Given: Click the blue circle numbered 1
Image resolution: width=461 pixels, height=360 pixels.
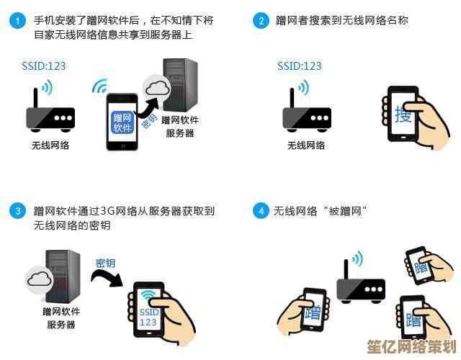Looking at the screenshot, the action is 17,21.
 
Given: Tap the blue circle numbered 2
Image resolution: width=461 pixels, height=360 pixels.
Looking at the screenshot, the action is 261,21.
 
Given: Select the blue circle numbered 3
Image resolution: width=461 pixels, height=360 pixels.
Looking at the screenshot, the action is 17,211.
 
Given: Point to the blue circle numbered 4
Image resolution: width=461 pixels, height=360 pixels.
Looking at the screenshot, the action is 261,211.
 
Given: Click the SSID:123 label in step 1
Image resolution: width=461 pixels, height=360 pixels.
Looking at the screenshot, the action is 43,66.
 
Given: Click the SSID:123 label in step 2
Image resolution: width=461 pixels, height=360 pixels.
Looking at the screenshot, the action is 300,66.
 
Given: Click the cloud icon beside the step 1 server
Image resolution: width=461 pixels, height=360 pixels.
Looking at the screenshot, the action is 158,88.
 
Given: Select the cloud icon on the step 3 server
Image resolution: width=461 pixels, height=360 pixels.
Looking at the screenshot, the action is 40,279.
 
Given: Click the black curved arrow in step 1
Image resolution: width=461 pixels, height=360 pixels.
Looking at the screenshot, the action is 148,108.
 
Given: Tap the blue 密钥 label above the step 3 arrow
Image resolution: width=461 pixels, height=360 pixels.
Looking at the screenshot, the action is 105,264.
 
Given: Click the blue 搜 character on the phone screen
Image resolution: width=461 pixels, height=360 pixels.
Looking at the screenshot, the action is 403,114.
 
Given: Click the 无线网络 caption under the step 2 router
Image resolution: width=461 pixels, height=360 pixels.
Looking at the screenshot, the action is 305,145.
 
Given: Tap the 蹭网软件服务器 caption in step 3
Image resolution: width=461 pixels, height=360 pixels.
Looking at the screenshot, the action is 61,318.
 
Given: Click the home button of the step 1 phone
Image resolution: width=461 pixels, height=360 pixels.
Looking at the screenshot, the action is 122,146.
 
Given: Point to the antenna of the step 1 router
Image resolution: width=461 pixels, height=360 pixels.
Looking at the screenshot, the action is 35,99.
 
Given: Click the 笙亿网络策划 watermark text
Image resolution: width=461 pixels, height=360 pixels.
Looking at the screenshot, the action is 411,347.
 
